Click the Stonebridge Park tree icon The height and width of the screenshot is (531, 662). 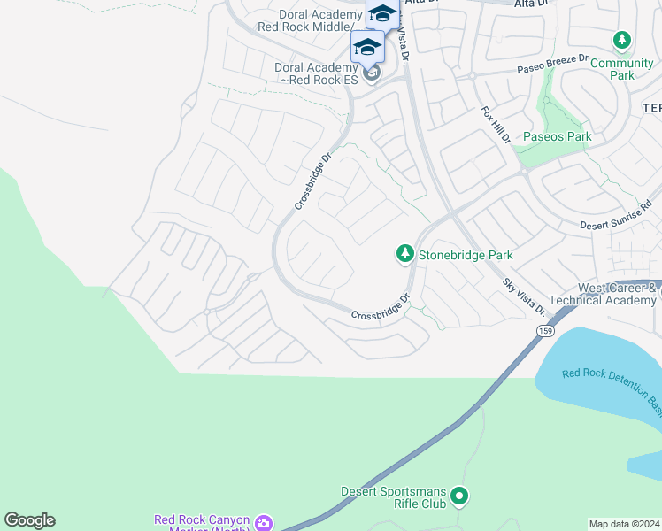tap(404, 254)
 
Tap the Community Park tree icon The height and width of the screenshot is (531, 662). tap(622, 41)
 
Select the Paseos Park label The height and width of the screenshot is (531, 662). tap(557, 137)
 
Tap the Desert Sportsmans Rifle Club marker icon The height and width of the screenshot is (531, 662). tap(458, 496)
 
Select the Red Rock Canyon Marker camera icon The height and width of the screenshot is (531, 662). tap(264, 523)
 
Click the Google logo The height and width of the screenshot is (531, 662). tap(29, 520)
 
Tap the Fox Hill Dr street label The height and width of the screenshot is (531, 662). tap(496, 126)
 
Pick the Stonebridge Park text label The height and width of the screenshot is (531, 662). tap(466, 255)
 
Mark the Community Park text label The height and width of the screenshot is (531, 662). tap(622, 69)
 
